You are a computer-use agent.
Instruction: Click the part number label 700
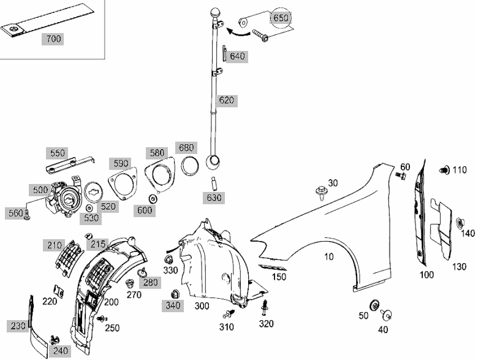point(53,39)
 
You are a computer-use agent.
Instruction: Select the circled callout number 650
point(281,18)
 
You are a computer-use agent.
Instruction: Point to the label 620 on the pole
point(226,100)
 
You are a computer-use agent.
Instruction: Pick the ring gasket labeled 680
point(190,166)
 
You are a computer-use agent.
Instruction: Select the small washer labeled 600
point(153,199)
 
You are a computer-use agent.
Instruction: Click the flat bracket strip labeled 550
point(70,165)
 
